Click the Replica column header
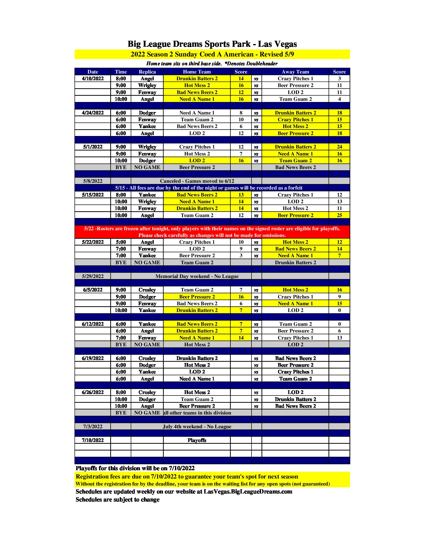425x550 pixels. (147, 72)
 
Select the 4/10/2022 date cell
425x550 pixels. (93, 78)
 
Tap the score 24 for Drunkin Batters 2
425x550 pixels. (339, 147)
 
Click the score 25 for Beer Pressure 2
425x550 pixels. (339, 215)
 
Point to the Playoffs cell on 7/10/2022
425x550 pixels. (197, 440)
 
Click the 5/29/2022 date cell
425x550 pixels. (93, 276)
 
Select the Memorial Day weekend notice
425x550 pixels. (197, 276)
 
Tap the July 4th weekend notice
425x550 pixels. (197, 426)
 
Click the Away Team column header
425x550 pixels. (295, 72)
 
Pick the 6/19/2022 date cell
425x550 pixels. (93, 358)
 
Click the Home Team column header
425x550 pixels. (197, 72)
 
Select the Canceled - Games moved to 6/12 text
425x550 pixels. (197, 181)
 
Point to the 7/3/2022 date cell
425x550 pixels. (93, 426)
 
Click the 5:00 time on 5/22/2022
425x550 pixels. (120, 242)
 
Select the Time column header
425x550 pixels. (120, 72)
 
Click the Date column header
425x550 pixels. (93, 72)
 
